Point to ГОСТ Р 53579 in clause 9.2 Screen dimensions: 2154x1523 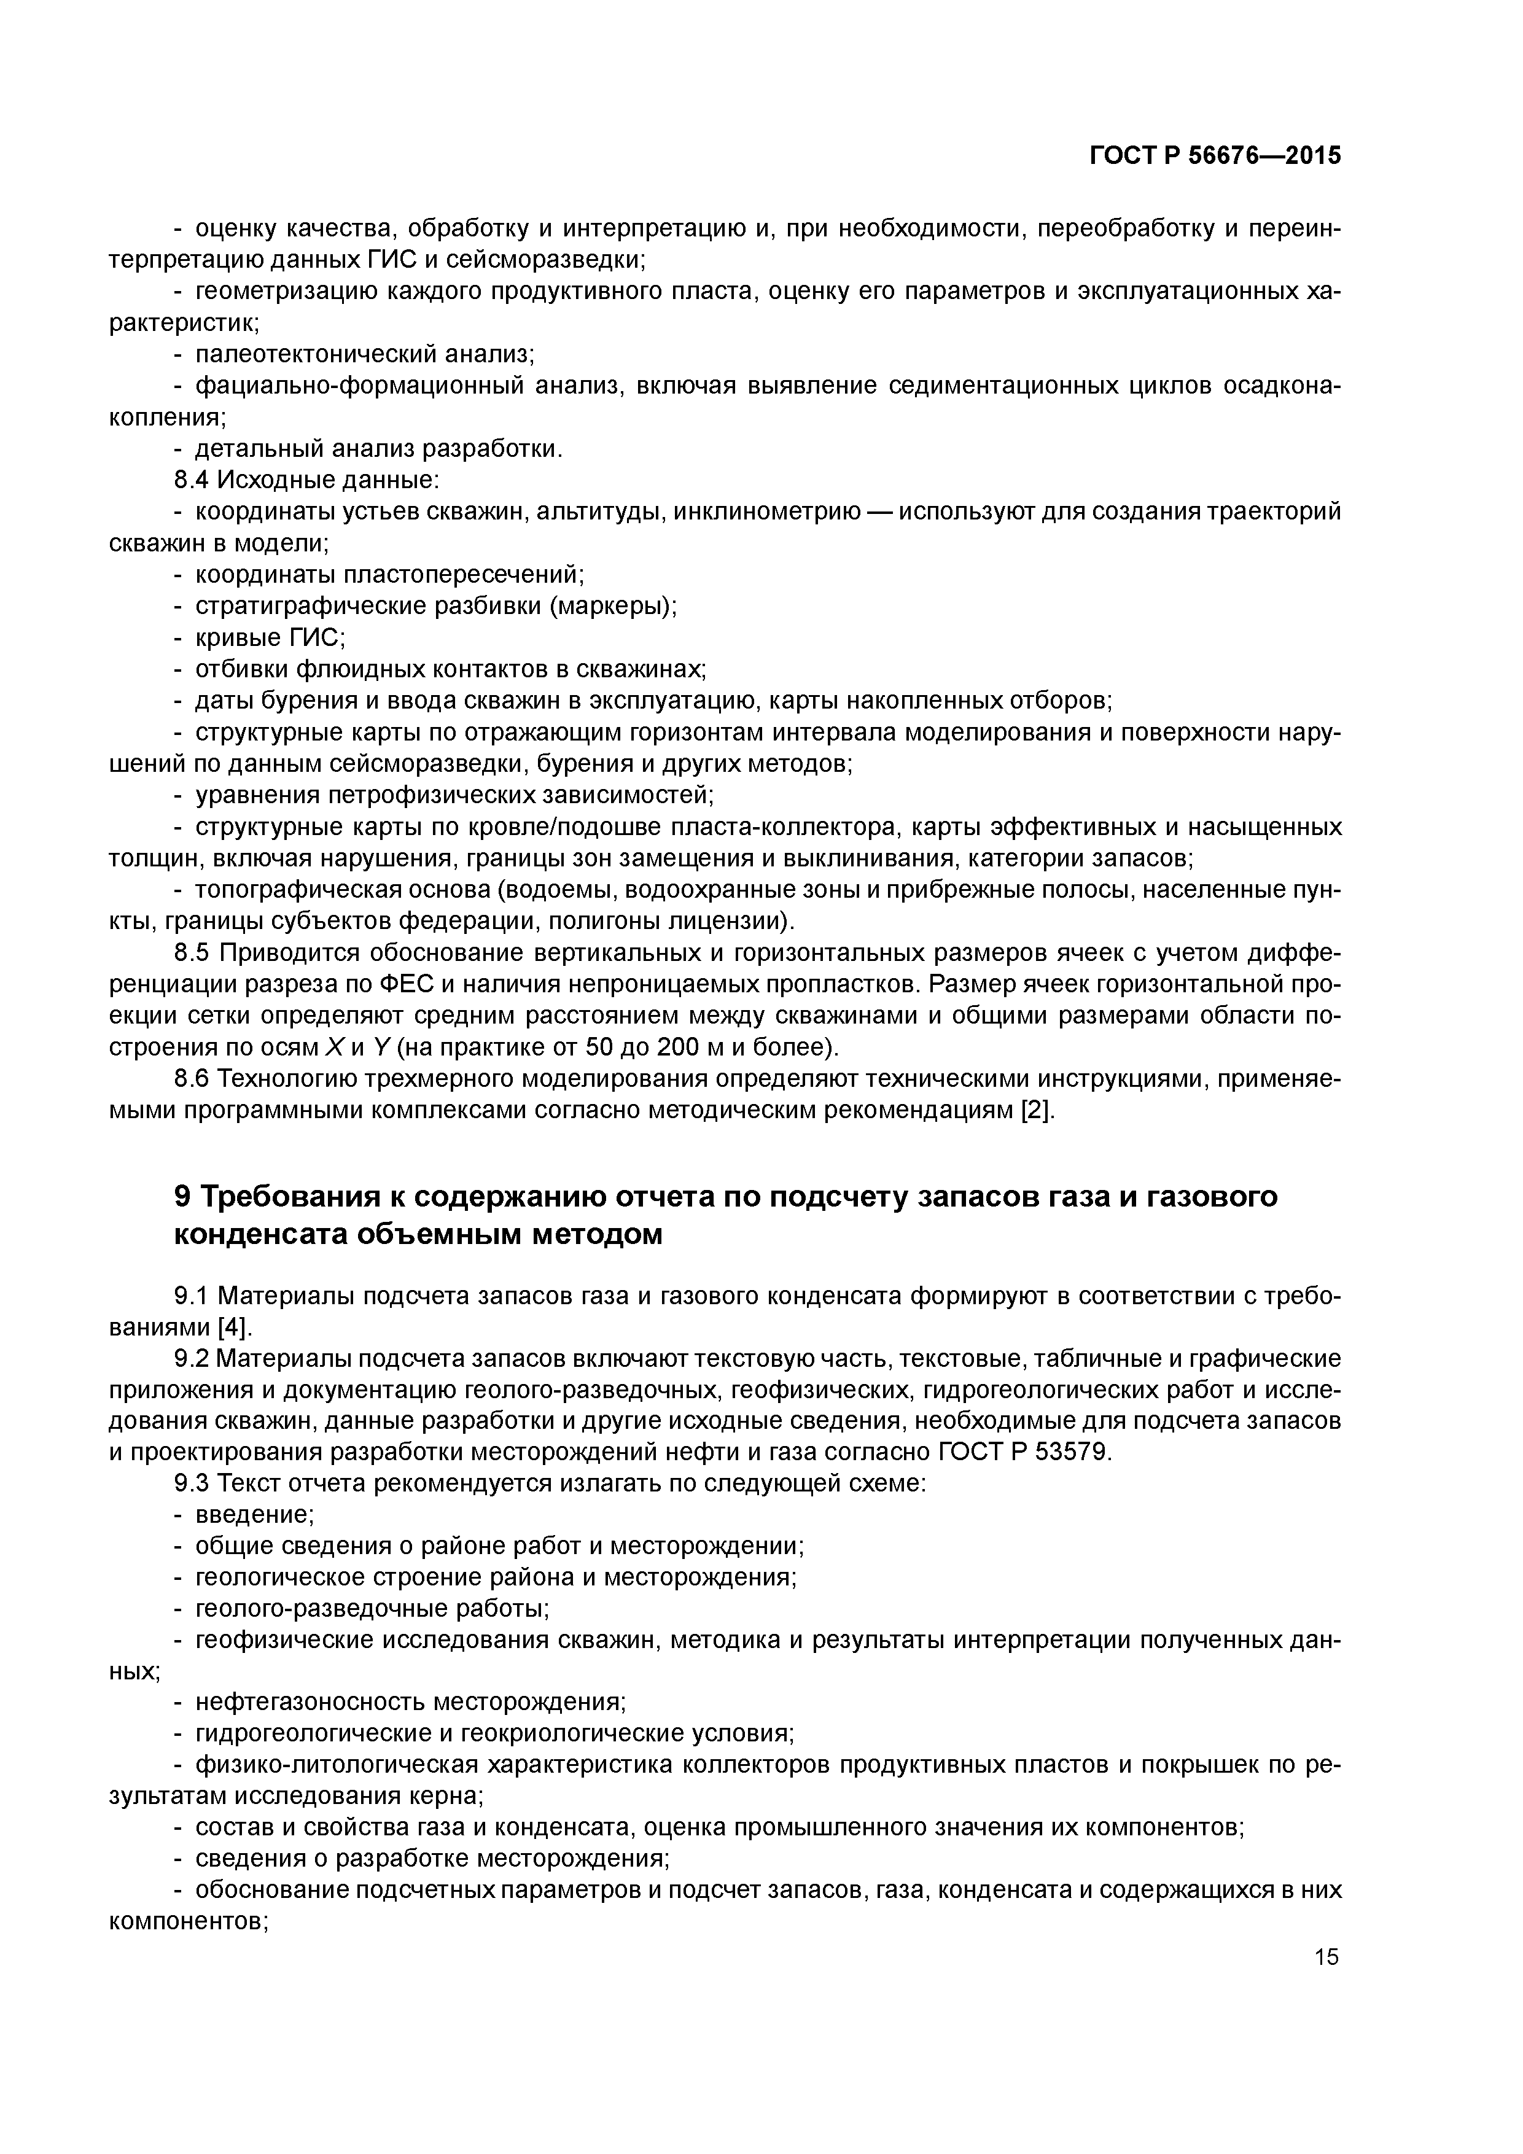coord(1024,1452)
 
